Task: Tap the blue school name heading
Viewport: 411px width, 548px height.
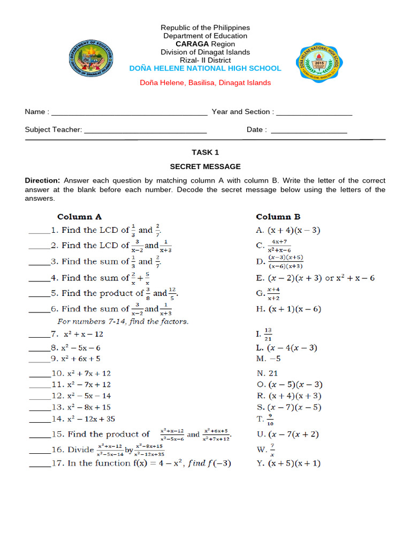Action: click(x=205, y=68)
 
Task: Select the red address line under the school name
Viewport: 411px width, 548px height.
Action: click(x=205, y=83)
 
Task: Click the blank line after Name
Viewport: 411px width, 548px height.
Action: click(x=129, y=113)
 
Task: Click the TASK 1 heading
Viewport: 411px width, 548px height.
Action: click(x=205, y=153)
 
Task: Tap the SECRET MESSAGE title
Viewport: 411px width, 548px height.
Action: click(x=205, y=167)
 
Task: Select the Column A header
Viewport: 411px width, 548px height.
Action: click(x=79, y=217)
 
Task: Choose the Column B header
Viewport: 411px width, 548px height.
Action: click(x=278, y=217)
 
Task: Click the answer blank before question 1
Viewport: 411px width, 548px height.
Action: click(x=39, y=232)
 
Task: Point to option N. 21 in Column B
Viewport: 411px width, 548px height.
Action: click(x=267, y=374)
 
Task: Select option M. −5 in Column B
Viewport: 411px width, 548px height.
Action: click(x=269, y=359)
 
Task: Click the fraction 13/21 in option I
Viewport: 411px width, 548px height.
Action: click(x=268, y=334)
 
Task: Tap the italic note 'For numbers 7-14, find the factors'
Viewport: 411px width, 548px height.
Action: click(x=123, y=322)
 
